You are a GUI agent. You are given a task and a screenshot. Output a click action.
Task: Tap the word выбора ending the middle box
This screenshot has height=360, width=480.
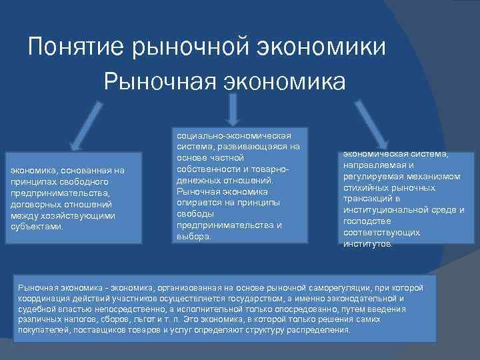192,236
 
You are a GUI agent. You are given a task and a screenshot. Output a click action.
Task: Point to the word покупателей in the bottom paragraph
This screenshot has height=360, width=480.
43,330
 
